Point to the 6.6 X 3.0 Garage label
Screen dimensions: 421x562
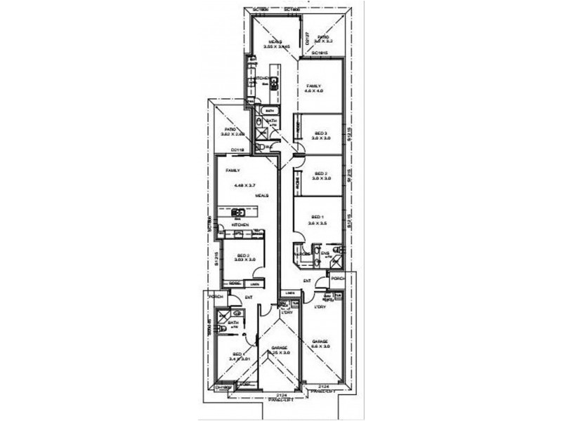point(321,343)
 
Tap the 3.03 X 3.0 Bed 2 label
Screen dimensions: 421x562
point(244,258)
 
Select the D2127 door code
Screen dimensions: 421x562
point(308,41)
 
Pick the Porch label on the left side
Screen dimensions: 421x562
point(215,297)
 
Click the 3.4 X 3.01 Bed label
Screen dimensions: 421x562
point(237,356)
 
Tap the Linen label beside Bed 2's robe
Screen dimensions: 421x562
point(253,283)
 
